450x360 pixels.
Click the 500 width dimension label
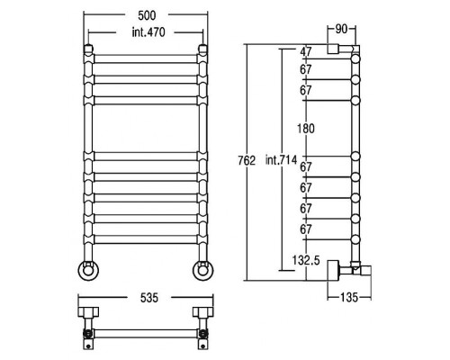(x=147, y=15)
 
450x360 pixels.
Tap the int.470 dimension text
(x=148, y=32)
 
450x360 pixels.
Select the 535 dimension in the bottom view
(x=149, y=298)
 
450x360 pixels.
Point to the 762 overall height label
(x=247, y=161)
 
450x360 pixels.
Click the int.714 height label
(x=281, y=160)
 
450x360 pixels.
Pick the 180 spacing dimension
(x=306, y=129)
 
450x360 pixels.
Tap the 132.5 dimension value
(x=306, y=260)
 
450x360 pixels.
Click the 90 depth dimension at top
(x=341, y=29)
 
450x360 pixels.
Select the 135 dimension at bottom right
(x=349, y=298)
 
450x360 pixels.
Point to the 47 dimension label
(x=306, y=51)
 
